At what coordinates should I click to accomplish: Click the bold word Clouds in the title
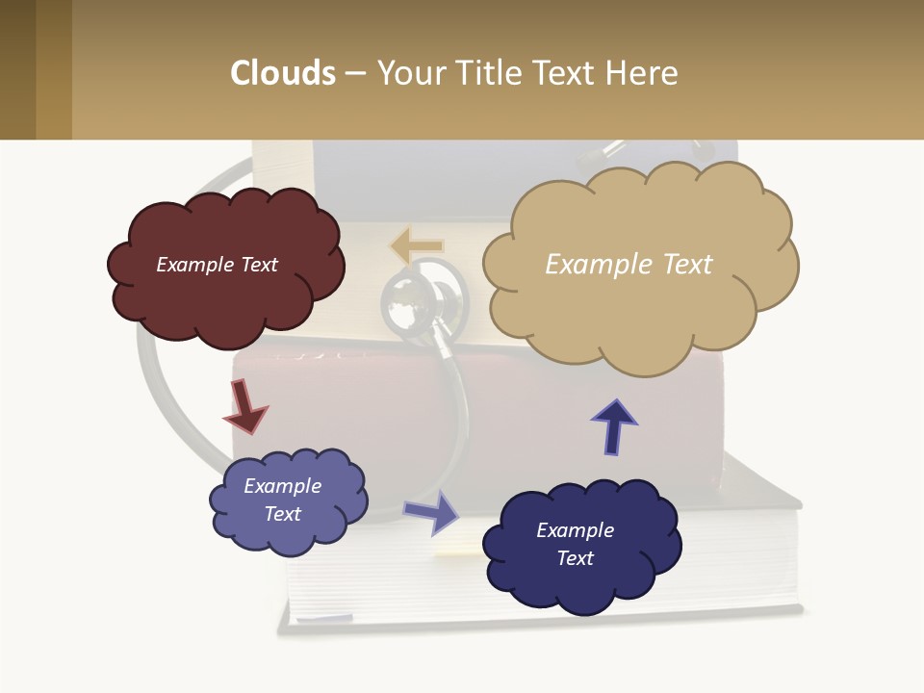282,73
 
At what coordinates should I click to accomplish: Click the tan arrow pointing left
416,245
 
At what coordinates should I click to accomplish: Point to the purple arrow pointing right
433,511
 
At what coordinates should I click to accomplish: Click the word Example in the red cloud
192,265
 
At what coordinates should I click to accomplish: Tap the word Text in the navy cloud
576,558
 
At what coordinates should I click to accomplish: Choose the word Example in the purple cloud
283,486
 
